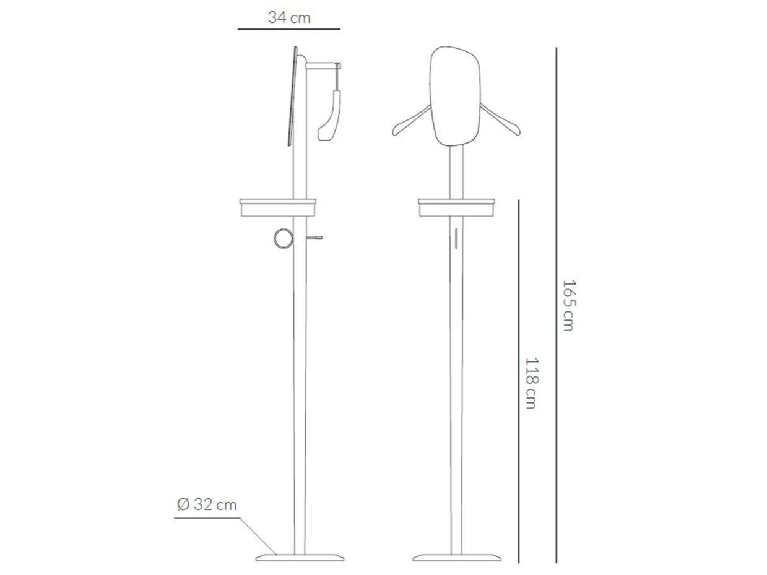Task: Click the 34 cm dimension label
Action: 289,17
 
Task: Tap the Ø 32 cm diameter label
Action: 207,504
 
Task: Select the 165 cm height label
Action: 568,305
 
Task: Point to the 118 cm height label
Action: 531,383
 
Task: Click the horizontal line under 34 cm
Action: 288,29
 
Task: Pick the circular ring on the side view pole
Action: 284,239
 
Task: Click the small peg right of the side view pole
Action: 314,238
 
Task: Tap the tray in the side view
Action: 278,207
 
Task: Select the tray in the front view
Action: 456,208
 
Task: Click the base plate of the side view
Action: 300,558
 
